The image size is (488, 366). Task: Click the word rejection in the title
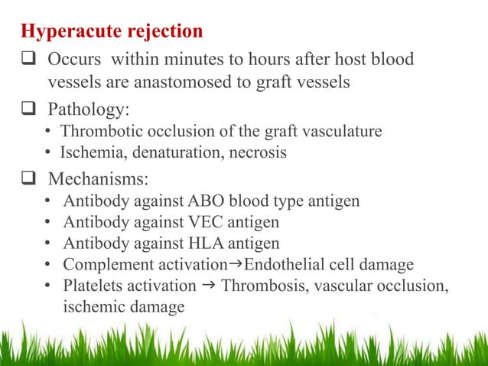coord(163,32)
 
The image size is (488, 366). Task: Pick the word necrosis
coord(259,152)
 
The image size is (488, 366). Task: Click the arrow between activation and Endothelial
coord(236,264)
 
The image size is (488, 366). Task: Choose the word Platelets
coord(93,286)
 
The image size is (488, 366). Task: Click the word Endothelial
coord(278,265)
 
